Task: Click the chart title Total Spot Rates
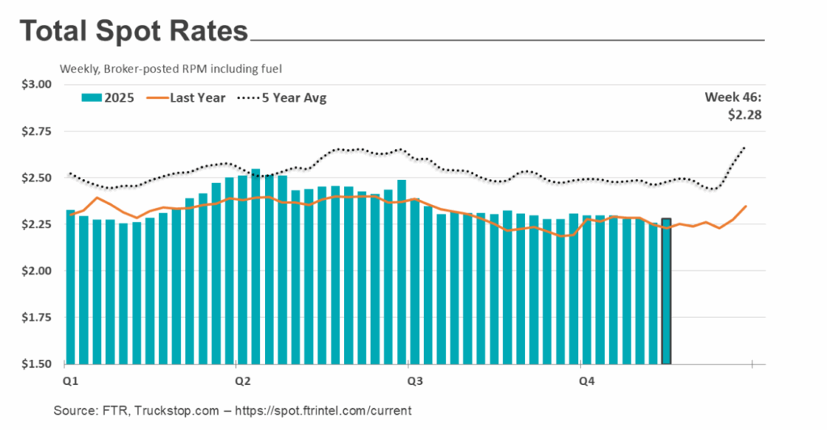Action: point(133,31)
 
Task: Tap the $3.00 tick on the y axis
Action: point(36,85)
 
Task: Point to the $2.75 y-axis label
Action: point(36,132)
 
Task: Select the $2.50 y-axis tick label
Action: point(36,177)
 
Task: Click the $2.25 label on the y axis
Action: point(36,224)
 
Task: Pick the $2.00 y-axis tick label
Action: point(36,271)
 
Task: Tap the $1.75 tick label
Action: point(36,318)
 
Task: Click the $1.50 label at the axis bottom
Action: point(36,364)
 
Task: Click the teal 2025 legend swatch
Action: point(90,98)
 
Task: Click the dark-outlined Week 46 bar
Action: point(666,290)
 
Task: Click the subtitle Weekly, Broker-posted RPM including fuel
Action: point(170,69)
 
